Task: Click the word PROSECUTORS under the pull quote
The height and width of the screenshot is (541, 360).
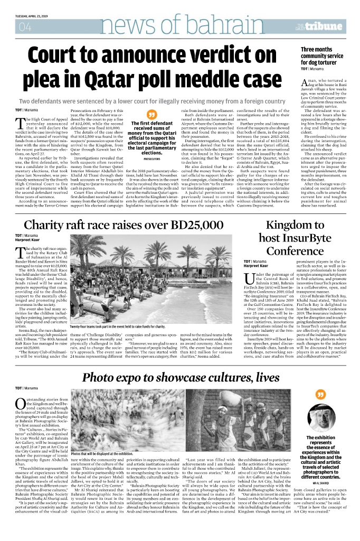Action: tap(152, 158)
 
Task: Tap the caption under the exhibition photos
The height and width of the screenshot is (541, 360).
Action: tap(101, 454)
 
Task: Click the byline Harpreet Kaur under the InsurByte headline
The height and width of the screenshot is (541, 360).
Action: tap(255, 266)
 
